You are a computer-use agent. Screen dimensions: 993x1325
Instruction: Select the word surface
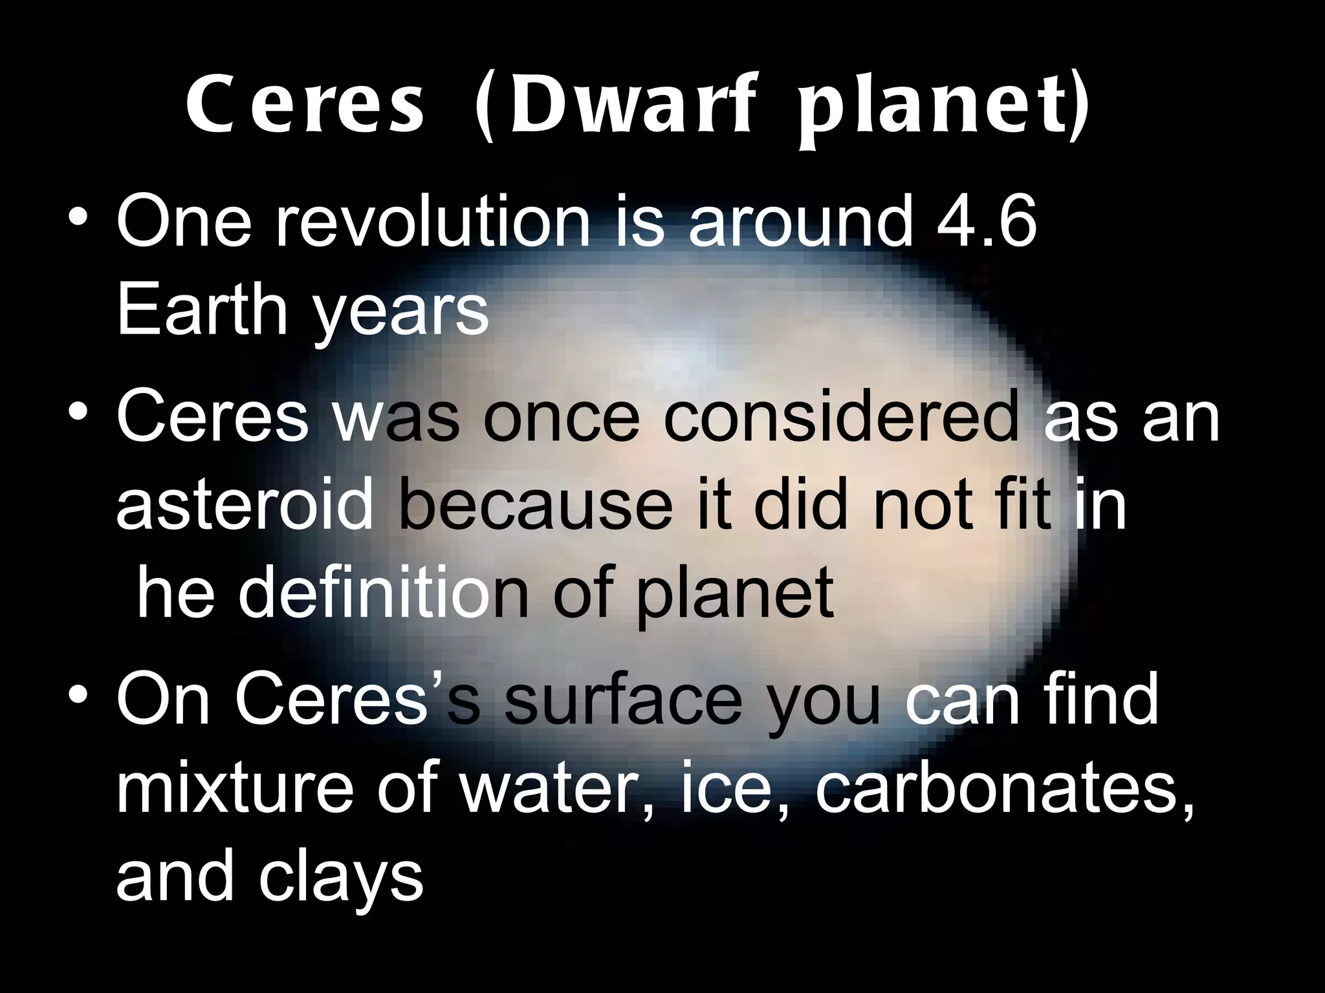pyautogui.click(x=624, y=699)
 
